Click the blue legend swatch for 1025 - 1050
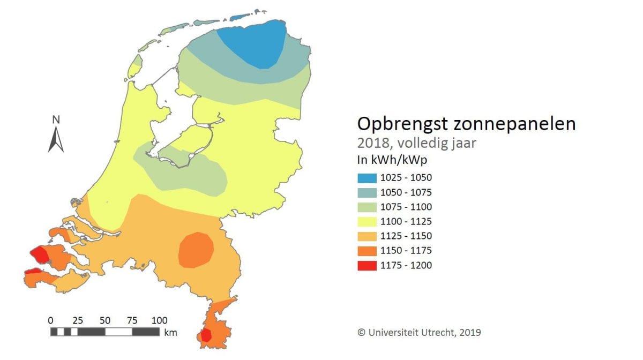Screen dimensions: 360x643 coord(367,178)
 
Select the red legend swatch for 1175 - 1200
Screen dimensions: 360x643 coord(367,265)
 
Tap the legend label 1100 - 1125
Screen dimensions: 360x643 coord(407,221)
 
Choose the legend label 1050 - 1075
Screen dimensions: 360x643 coord(407,192)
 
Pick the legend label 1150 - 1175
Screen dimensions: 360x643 coord(407,251)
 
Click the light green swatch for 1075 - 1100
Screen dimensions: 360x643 coord(367,207)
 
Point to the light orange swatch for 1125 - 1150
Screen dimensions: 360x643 coord(367,236)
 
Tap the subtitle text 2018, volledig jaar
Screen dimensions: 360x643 coord(416,143)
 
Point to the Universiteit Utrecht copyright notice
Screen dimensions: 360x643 coord(419,332)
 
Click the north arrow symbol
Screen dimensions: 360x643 coord(56,140)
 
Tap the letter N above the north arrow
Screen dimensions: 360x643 coord(56,119)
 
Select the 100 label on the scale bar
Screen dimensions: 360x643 coord(159,320)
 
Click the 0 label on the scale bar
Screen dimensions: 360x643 coord(51,320)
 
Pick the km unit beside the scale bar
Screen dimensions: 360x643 coord(170,333)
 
